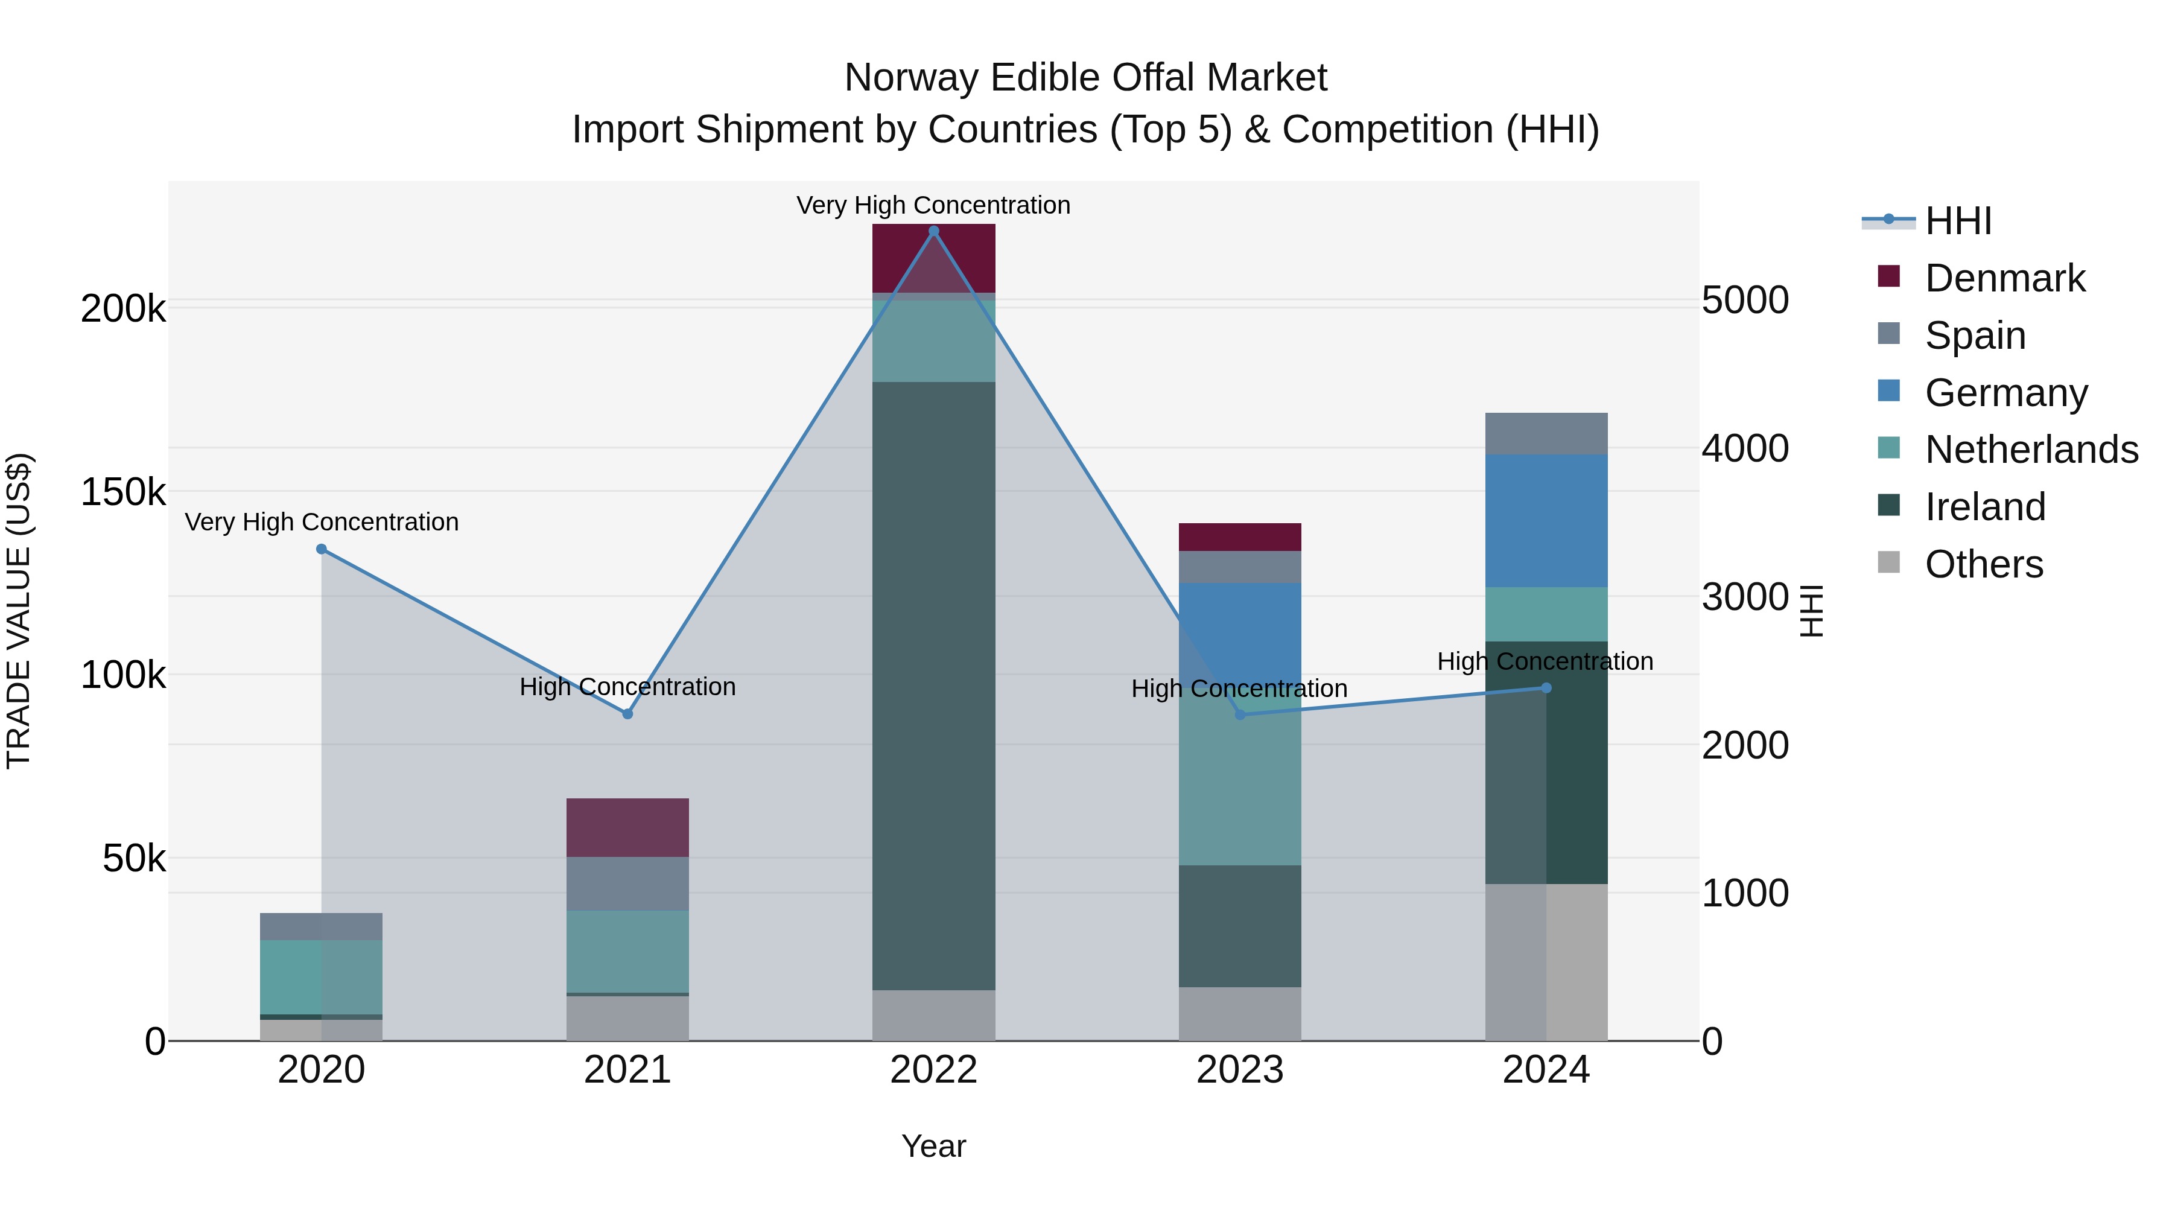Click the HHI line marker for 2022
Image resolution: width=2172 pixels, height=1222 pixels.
coord(933,231)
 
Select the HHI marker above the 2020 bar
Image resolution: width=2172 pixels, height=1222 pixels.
coord(321,549)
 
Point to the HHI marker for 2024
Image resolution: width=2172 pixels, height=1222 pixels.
coord(1546,688)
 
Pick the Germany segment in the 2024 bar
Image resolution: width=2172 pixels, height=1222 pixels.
coord(1546,520)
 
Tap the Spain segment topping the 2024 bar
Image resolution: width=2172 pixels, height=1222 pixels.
coord(1546,433)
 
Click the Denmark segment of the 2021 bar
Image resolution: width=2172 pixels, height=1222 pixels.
coord(627,827)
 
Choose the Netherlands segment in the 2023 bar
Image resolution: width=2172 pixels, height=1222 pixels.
coord(1239,780)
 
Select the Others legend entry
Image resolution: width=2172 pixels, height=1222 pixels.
coord(1983,564)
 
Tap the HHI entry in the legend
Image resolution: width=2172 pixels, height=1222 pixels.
coord(1958,221)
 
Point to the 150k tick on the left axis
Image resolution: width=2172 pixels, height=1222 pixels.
coord(123,492)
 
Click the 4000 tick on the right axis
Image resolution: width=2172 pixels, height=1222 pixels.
coord(1744,448)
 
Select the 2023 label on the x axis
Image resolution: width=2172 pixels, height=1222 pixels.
coord(1239,1070)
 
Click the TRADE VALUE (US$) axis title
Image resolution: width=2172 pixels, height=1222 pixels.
coord(19,611)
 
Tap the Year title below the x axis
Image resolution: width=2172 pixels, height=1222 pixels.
coord(933,1146)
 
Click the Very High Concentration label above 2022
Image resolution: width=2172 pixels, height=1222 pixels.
coord(933,205)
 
